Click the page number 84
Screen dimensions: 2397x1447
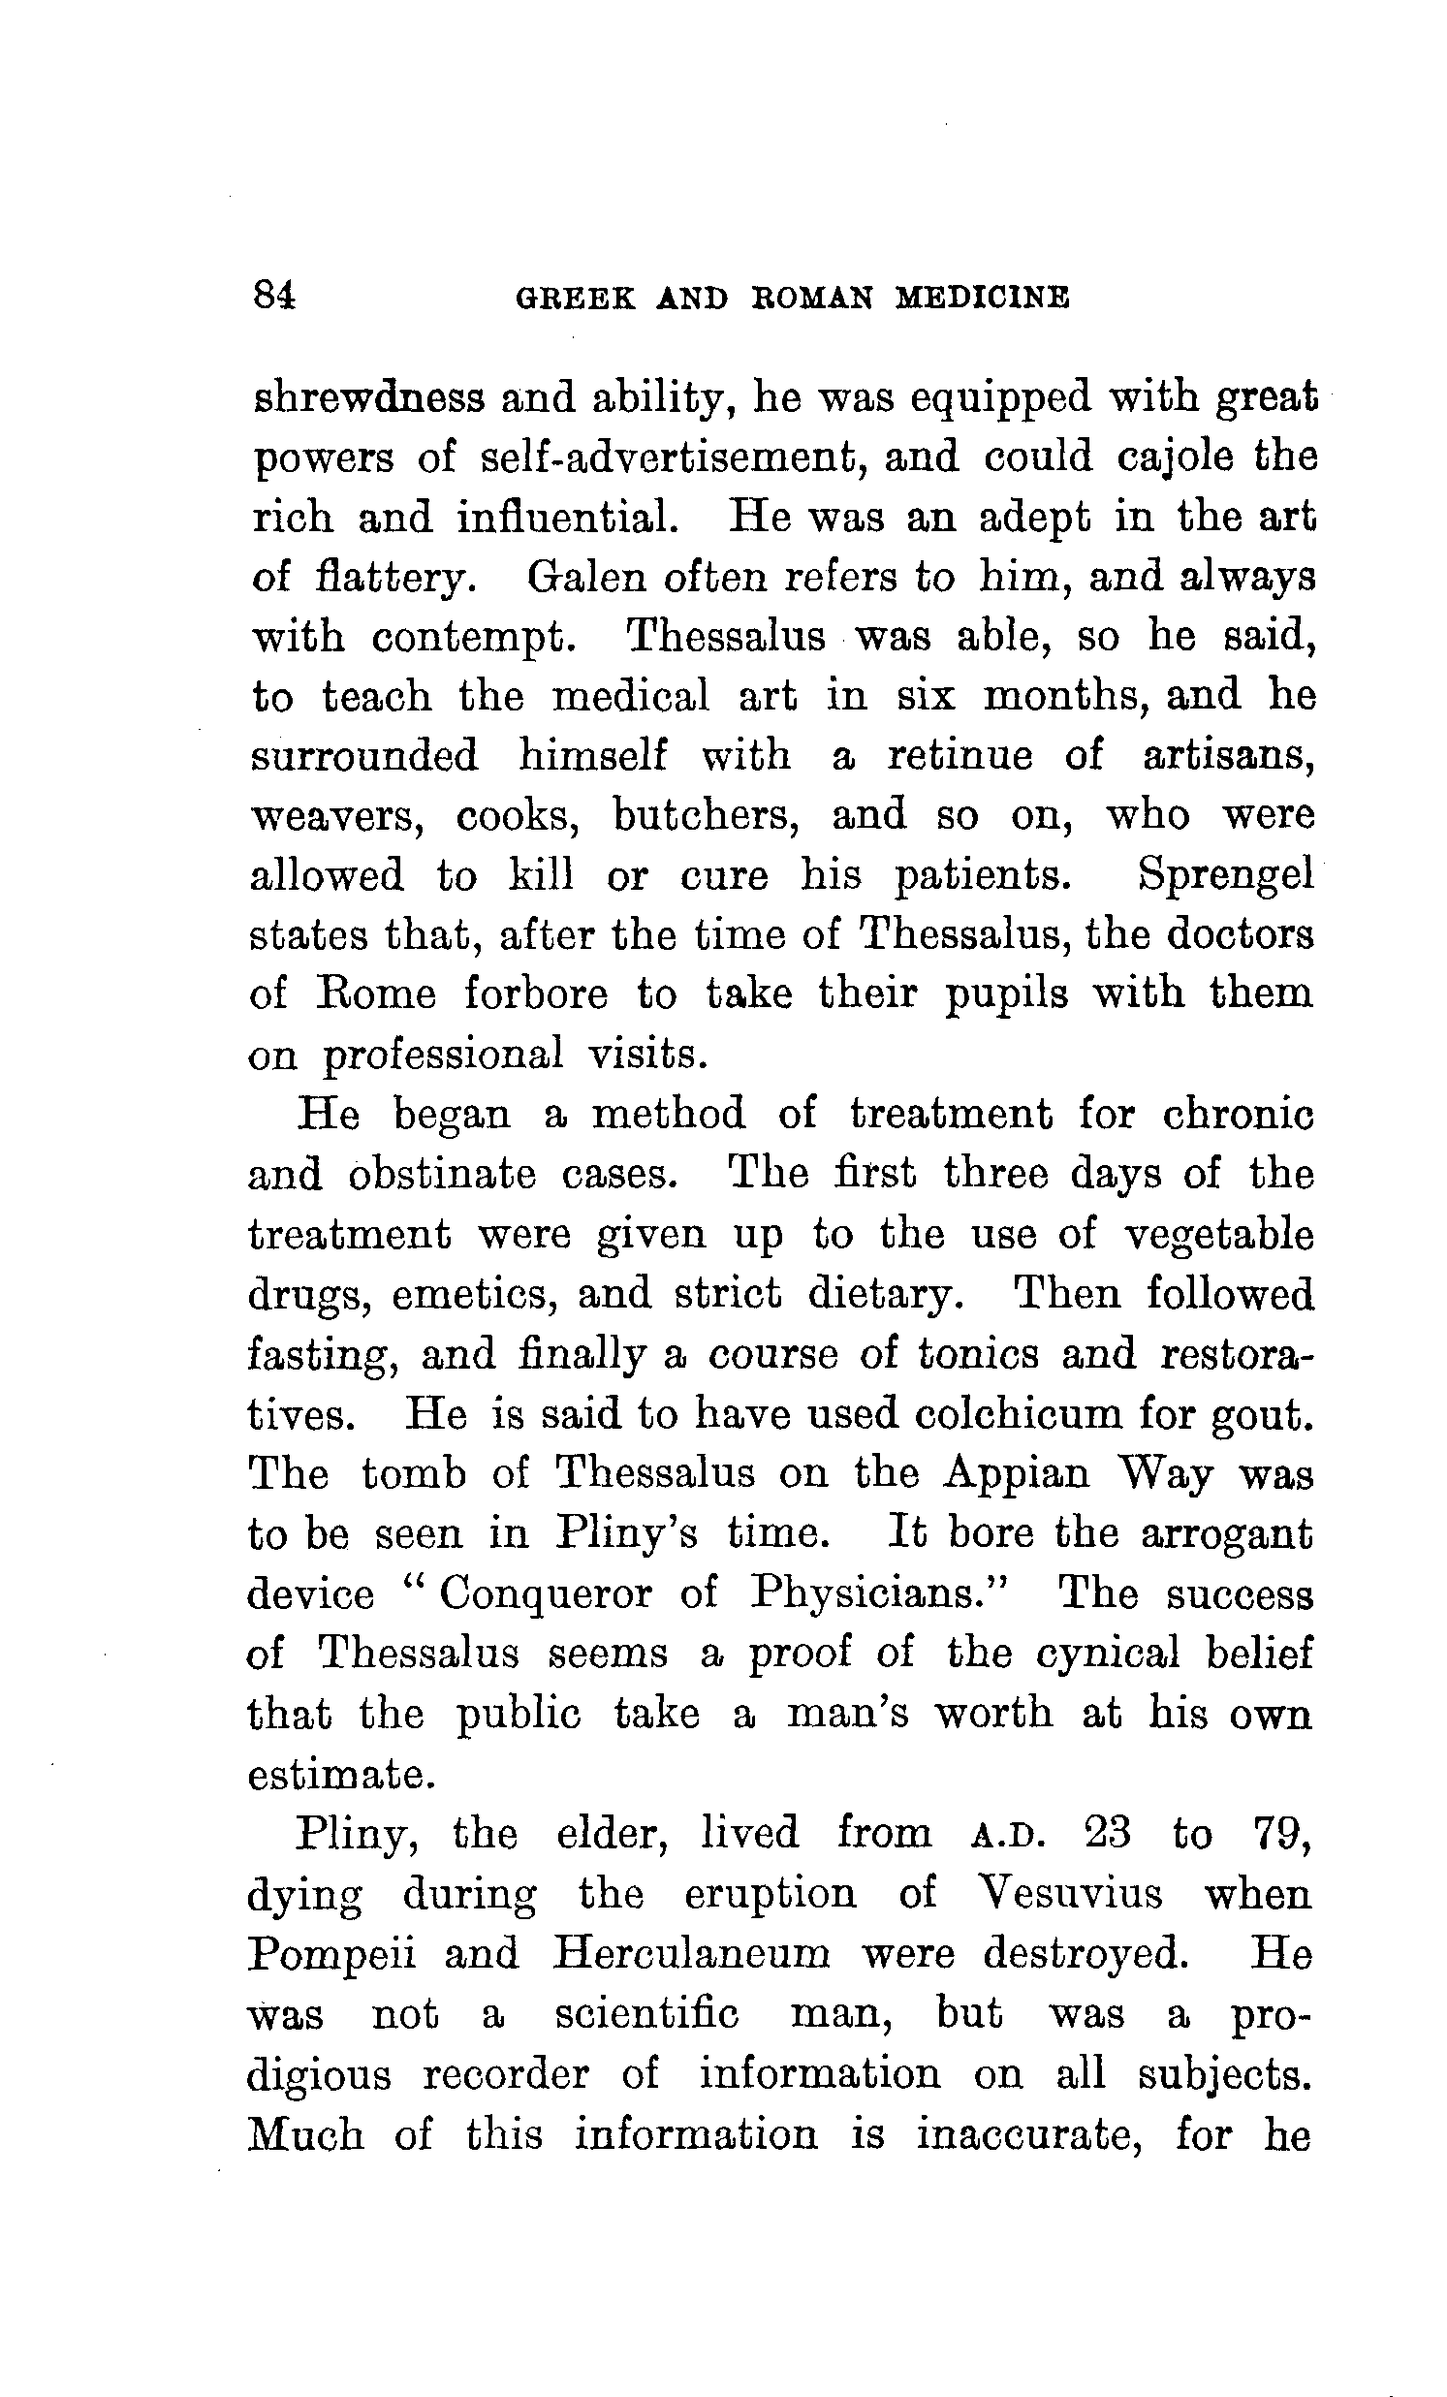click(273, 295)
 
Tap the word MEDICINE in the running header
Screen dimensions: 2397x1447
click(983, 297)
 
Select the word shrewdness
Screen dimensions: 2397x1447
click(368, 398)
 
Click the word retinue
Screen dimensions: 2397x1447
click(959, 756)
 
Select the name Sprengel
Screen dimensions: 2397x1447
click(1225, 874)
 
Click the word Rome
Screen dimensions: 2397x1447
click(377, 994)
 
